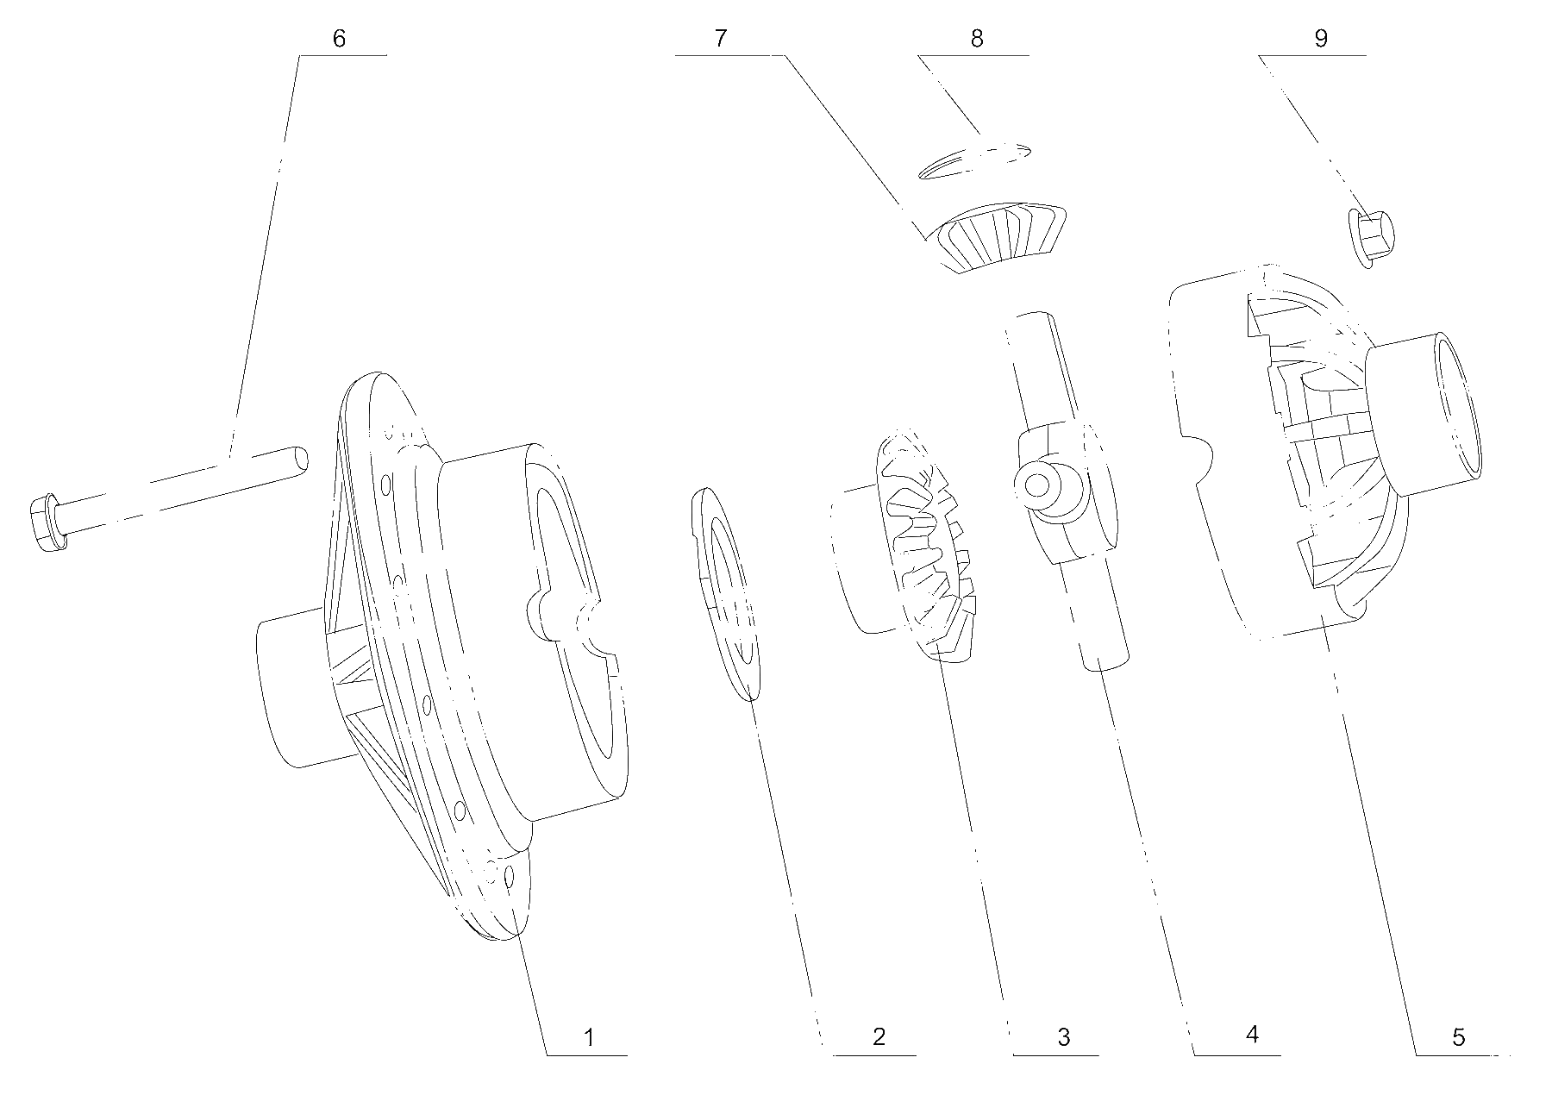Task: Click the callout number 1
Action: tap(589, 1037)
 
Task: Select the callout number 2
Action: tap(879, 1036)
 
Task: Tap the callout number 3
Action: tap(1063, 1037)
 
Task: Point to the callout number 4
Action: tap(1253, 1034)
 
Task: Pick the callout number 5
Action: tap(1458, 1037)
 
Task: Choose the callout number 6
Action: tap(339, 39)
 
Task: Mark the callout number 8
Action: tap(977, 39)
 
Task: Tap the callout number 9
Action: tap(1321, 39)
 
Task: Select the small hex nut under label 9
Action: tap(1373, 238)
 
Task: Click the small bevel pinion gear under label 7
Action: tap(1000, 236)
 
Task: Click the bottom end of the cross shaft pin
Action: tap(1101, 662)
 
